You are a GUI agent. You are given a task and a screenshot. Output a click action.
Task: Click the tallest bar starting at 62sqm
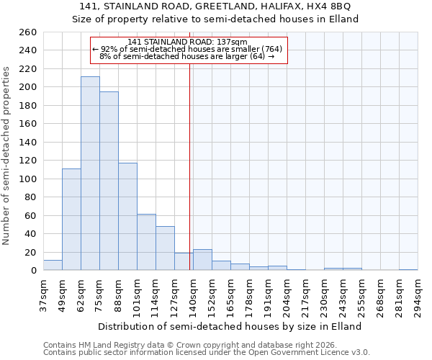pos(90,174)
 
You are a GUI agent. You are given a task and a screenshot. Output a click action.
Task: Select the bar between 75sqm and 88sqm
pos(109,181)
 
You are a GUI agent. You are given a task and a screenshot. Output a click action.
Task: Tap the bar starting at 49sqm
pos(71,220)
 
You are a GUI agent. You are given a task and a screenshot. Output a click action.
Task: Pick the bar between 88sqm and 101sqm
pos(127,217)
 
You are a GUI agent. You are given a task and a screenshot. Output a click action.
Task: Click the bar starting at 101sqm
pos(146,242)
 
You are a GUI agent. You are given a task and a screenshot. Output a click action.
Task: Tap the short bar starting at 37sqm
pos(53,266)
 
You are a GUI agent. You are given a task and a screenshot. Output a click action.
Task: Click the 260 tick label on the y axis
pos(28,32)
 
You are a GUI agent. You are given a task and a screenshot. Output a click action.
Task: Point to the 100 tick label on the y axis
pos(28,179)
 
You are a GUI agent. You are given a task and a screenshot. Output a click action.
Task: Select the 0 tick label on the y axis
pos(33,271)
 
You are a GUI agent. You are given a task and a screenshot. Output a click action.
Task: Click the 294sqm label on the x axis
pos(418,295)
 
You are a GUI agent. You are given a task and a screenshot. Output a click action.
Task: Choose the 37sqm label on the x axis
pos(44,295)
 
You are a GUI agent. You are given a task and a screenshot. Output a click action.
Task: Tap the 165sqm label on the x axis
pos(231,295)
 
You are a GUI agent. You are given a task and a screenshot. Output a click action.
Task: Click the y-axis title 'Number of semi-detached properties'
pos(8,156)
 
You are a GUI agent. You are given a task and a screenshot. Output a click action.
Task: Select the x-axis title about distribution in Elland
pos(229,326)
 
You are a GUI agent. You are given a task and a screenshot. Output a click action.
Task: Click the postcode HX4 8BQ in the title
pos(330,6)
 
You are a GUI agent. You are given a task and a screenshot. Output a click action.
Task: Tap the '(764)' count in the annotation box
pos(271,49)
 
